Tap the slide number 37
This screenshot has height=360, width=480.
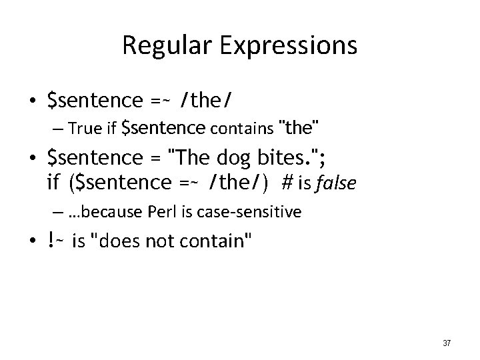point(446,343)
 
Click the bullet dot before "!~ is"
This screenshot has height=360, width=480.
point(31,243)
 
